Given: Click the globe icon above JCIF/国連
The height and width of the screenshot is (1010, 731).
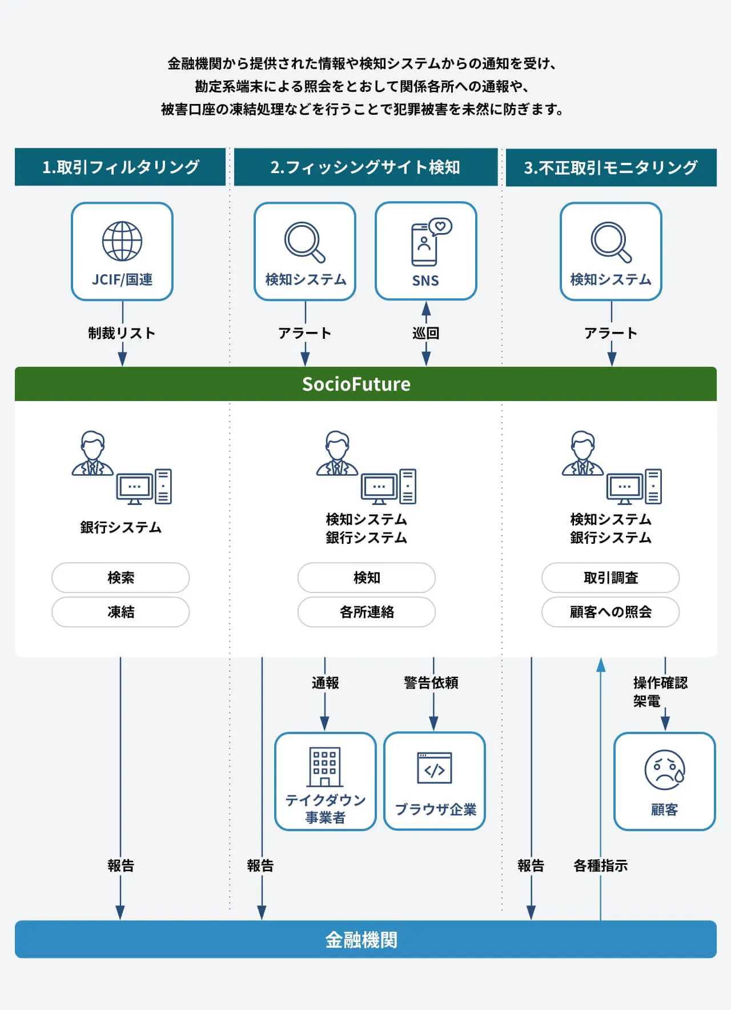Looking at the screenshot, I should (x=122, y=242).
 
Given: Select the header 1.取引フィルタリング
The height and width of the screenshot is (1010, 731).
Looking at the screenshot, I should (x=121, y=167).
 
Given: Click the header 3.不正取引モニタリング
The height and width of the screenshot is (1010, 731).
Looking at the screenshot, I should (x=610, y=167).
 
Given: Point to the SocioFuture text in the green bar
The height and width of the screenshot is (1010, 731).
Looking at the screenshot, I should (x=356, y=384).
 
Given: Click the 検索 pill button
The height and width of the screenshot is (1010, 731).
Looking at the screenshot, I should (x=121, y=578).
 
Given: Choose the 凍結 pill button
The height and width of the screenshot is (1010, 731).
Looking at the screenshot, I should (x=121, y=612).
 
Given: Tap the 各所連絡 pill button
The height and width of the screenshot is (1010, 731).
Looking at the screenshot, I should (x=366, y=612).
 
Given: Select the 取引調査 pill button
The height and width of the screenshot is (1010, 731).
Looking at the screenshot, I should (x=610, y=578).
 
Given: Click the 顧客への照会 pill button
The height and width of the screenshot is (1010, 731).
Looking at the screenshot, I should (x=610, y=612).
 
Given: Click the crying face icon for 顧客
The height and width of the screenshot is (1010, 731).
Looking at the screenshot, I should (x=664, y=770).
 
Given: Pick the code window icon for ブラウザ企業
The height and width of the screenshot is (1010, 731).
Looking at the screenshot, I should (x=435, y=768).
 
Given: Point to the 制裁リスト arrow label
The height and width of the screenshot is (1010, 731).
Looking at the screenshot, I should (x=122, y=333).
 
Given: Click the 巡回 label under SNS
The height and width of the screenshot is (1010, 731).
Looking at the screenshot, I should (x=426, y=333).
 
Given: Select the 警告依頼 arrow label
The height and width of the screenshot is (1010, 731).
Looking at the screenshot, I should (x=431, y=683).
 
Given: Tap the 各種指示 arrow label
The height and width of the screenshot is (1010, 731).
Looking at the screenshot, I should (x=600, y=865).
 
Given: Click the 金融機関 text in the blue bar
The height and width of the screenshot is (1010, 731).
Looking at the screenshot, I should (x=362, y=940).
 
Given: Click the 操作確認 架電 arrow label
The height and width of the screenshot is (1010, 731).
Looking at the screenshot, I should (x=660, y=691).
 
